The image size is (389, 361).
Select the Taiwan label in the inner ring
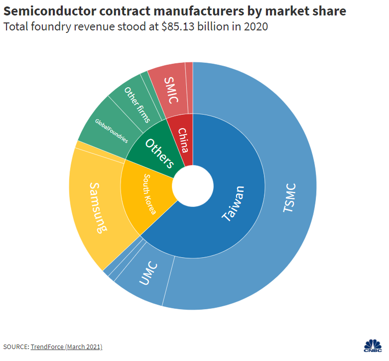click(x=233, y=203)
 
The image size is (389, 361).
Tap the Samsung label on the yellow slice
click(x=98, y=208)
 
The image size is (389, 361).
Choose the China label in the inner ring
click(x=183, y=140)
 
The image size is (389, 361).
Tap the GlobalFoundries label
click(x=111, y=131)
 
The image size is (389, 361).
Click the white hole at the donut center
click(x=193, y=185)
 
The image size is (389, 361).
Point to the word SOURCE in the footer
click(x=15, y=347)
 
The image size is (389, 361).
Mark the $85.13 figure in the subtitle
click(x=178, y=27)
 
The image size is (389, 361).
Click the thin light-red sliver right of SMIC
click(x=189, y=87)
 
